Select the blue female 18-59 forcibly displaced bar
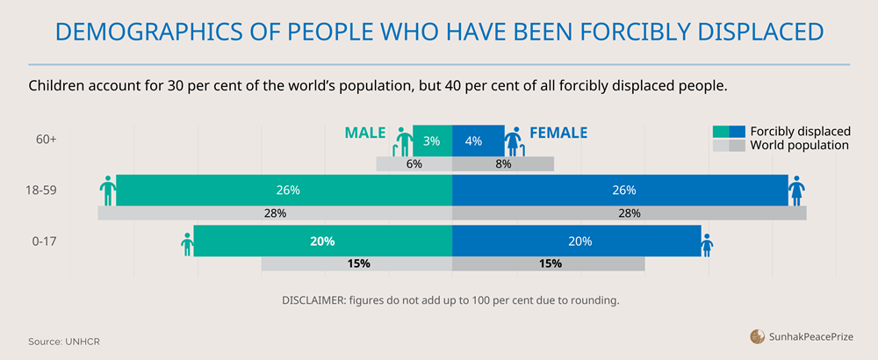pyautogui.click(x=619, y=190)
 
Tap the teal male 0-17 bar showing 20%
pyautogui.click(x=322, y=241)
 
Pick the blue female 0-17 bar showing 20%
pyautogui.click(x=576, y=241)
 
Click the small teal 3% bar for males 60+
pyautogui.click(x=432, y=140)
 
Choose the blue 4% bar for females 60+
pyautogui.click(x=478, y=140)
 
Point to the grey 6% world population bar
pyautogui.click(x=414, y=163)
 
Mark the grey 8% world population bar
pyautogui.click(x=503, y=163)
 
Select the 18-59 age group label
pyautogui.click(x=43, y=190)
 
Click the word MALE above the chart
pyautogui.click(x=365, y=133)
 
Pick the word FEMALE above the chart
pyautogui.click(x=557, y=133)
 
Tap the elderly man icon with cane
pyautogui.click(x=403, y=140)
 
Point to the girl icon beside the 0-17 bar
pyautogui.click(x=707, y=243)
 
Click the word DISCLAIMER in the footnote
pyautogui.click(x=313, y=299)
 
